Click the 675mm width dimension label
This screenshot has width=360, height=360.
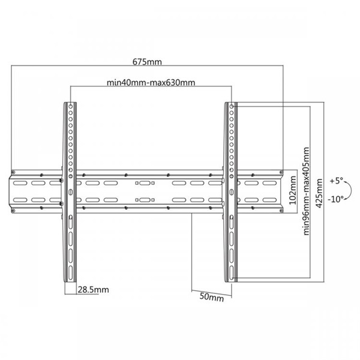147,62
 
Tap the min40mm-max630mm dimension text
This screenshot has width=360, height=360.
151,82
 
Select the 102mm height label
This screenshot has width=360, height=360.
293,190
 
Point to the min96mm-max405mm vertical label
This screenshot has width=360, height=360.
306,191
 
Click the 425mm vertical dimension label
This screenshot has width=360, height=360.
319,194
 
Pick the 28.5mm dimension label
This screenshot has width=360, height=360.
93,290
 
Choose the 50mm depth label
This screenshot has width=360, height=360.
211,297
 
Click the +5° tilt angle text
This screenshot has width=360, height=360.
337,181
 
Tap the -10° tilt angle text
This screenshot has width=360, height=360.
335,199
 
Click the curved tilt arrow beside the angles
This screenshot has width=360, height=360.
351,190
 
